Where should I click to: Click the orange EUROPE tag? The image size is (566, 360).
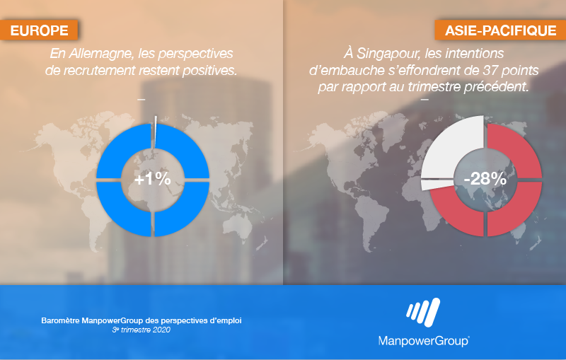click(39, 30)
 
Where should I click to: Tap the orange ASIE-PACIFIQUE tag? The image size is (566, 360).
click(500, 30)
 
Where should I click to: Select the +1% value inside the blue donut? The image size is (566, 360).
click(152, 179)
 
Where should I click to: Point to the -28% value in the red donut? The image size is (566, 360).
click(485, 179)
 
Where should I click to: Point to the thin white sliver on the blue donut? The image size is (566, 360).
click(156, 132)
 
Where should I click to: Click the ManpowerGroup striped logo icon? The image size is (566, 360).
click(423, 313)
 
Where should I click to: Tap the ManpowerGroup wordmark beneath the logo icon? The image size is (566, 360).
click(424, 340)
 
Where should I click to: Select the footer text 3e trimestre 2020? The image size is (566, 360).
click(141, 330)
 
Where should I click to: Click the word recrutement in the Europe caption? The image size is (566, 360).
click(100, 71)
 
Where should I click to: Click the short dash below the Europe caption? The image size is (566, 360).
click(141, 100)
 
